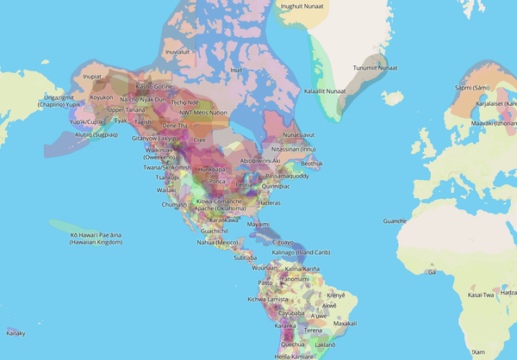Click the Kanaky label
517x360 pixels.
[16, 332]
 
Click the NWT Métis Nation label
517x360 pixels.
[203, 113]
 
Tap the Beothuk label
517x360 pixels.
[312, 163]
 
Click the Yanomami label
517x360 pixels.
[296, 279]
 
